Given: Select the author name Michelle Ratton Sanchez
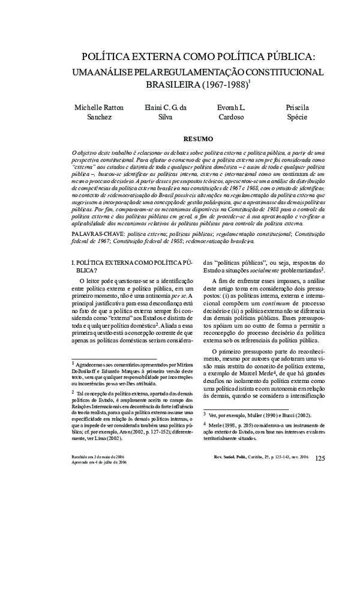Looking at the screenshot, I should coord(99,112).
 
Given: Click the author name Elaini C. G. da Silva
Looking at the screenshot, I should coord(166,112).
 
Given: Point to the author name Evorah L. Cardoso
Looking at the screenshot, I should coord(231,112).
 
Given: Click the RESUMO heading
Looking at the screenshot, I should coord(196,138).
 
